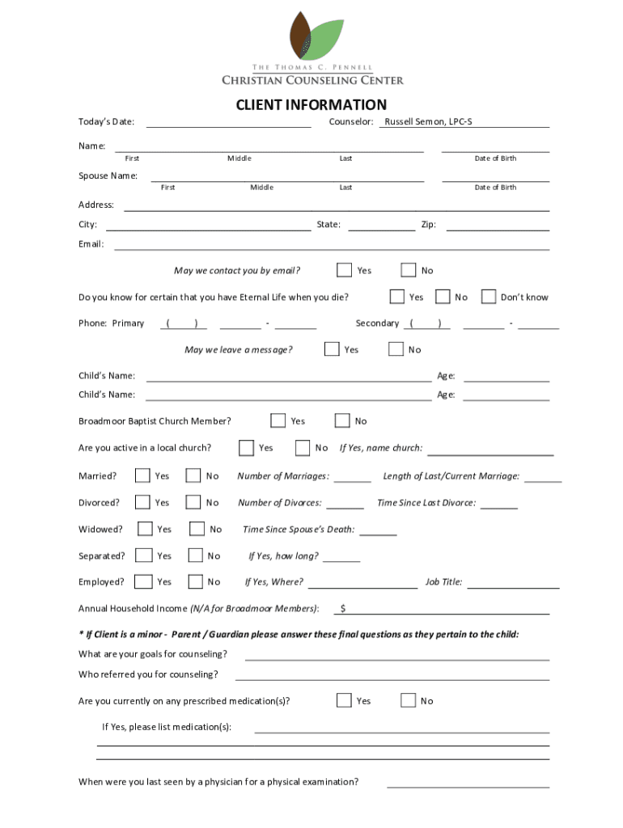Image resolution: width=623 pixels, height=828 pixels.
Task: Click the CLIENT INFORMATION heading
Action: [311, 105]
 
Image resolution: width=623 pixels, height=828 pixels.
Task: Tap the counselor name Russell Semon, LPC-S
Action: [428, 122]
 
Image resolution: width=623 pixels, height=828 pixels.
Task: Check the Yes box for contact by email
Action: [345, 270]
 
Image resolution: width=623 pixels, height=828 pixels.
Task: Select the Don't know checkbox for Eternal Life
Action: [489, 297]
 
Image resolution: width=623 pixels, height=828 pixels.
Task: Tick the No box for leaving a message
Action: [396, 349]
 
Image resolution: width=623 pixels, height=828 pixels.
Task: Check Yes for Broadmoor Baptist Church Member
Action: [278, 420]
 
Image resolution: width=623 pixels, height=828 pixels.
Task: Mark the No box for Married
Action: [193, 475]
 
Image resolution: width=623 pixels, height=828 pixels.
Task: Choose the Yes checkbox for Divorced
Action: [142, 502]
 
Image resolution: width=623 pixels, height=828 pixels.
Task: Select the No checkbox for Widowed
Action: [197, 529]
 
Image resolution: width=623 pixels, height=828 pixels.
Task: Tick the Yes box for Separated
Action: [143, 556]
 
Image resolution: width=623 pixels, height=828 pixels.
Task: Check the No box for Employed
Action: [195, 581]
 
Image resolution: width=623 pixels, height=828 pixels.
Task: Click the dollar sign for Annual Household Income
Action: [343, 608]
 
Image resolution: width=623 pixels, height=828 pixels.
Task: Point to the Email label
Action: [91, 244]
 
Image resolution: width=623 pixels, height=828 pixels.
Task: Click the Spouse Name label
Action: [108, 175]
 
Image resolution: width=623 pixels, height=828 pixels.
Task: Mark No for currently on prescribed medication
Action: [409, 700]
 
